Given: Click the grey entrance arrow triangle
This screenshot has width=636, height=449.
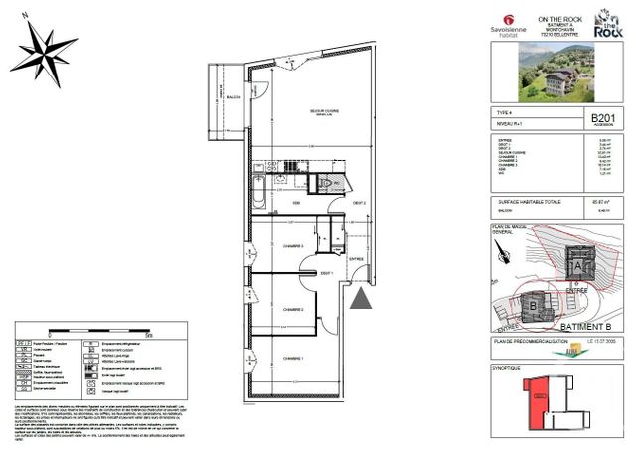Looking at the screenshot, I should pyautogui.click(x=362, y=295).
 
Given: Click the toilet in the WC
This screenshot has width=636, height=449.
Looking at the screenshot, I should pyautogui.click(x=329, y=184).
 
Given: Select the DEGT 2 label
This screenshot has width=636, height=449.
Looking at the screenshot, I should pyautogui.click(x=360, y=202).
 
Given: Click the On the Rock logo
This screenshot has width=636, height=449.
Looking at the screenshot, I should pyautogui.click(x=608, y=24).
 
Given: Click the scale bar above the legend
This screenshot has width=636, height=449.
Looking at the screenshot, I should pyautogui.click(x=98, y=332).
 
